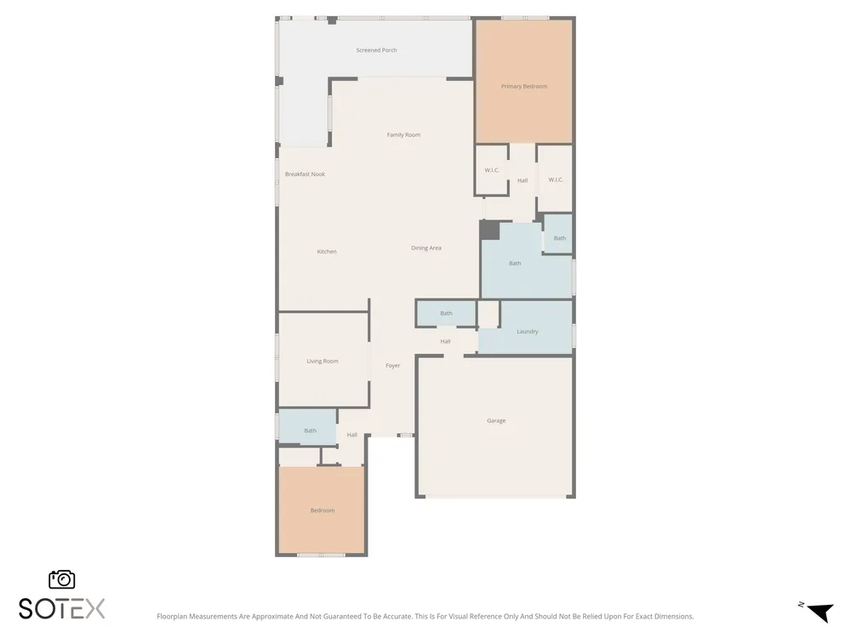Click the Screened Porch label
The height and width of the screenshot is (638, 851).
[376, 50]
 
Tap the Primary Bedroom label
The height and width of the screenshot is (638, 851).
[523, 86]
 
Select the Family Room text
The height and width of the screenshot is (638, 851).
[403, 134]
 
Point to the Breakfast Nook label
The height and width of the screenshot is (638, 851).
[305, 174]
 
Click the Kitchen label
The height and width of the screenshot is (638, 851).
[327, 251]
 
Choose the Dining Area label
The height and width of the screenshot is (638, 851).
[426, 248]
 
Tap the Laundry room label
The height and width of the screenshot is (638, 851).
[527, 332]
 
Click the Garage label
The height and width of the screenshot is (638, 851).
[496, 420]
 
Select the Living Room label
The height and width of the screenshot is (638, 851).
[323, 361]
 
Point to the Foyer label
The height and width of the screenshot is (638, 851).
[393, 366]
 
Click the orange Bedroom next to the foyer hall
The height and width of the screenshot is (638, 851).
[323, 510]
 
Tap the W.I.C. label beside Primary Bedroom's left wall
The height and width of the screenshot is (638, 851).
[492, 170]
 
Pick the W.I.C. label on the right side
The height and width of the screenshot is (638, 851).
[556, 179]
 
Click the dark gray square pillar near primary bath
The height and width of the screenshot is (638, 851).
[489, 230]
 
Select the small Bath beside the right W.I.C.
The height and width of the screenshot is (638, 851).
[560, 238]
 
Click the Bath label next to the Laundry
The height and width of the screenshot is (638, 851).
[446, 313]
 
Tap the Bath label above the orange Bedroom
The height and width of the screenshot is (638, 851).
[310, 430]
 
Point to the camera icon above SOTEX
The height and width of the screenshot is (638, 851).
[62, 579]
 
